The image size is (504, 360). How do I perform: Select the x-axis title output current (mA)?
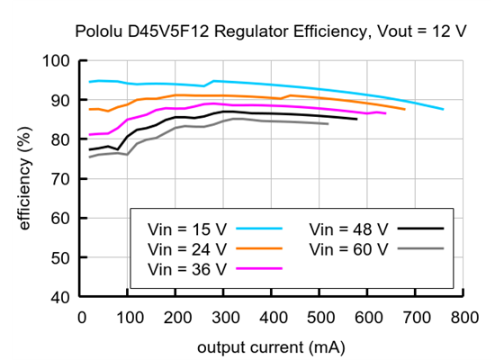pyautogui.click(x=274, y=346)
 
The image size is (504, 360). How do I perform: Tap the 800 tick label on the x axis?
pyautogui.click(x=464, y=317)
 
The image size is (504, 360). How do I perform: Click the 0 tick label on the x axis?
pyautogui.click(x=83, y=317)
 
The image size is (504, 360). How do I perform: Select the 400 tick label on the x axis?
pyautogui.click(x=274, y=317)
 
